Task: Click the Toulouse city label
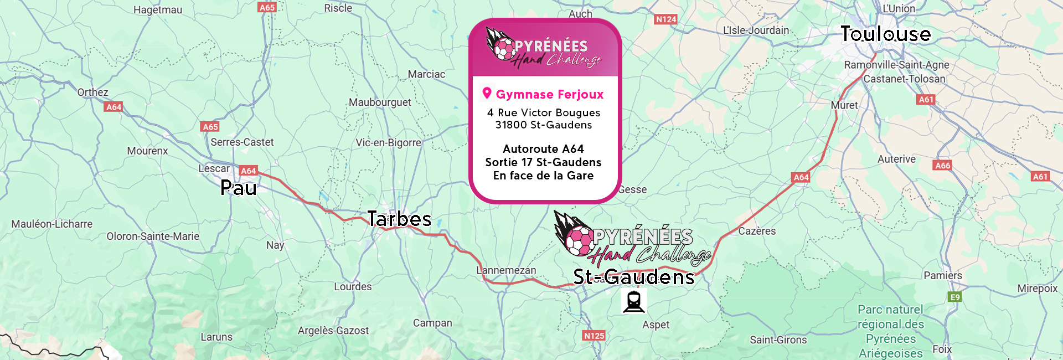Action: click(885, 34)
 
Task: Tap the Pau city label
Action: click(238, 188)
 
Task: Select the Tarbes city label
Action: click(399, 219)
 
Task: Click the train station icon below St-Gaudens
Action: click(633, 302)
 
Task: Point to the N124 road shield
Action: click(665, 19)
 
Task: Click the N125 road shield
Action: click(594, 336)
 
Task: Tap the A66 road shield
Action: click(942, 166)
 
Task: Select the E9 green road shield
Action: click(954, 297)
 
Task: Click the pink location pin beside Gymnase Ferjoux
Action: click(487, 93)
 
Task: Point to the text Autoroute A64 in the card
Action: click(543, 149)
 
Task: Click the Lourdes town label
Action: click(353, 287)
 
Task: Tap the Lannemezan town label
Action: click(507, 270)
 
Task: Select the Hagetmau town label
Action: click(158, 10)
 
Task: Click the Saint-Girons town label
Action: click(778, 340)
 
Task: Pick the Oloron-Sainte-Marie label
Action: click(153, 236)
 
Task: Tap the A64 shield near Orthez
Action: click(113, 107)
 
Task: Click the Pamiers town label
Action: click(942, 276)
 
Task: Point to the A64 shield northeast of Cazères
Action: click(801, 178)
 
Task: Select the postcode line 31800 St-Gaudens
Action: click(543, 125)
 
